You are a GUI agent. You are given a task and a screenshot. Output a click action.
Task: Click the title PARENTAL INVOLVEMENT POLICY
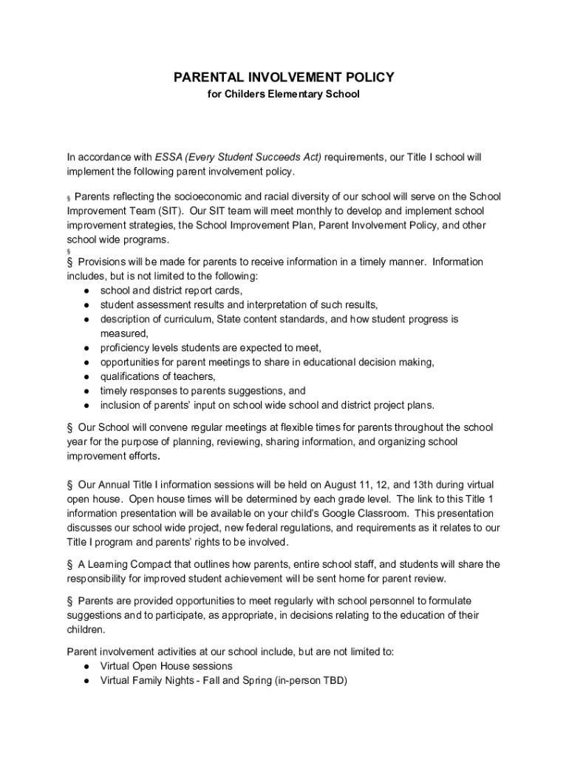pyautogui.click(x=284, y=78)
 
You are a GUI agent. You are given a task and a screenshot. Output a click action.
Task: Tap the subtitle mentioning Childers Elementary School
pyautogui.click(x=284, y=95)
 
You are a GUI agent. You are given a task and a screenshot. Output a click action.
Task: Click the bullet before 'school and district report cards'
pyautogui.click(x=87, y=291)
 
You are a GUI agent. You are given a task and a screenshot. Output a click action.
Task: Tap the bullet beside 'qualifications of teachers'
pyautogui.click(x=87, y=376)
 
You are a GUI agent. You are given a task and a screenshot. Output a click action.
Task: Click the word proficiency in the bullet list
pyautogui.click(x=125, y=347)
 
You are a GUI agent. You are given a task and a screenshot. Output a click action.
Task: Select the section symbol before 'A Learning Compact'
pyautogui.click(x=69, y=565)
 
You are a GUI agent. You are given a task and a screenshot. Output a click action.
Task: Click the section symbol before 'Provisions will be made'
pyautogui.click(x=69, y=262)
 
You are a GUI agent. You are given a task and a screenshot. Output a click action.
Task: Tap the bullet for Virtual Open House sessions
pyautogui.click(x=87, y=667)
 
